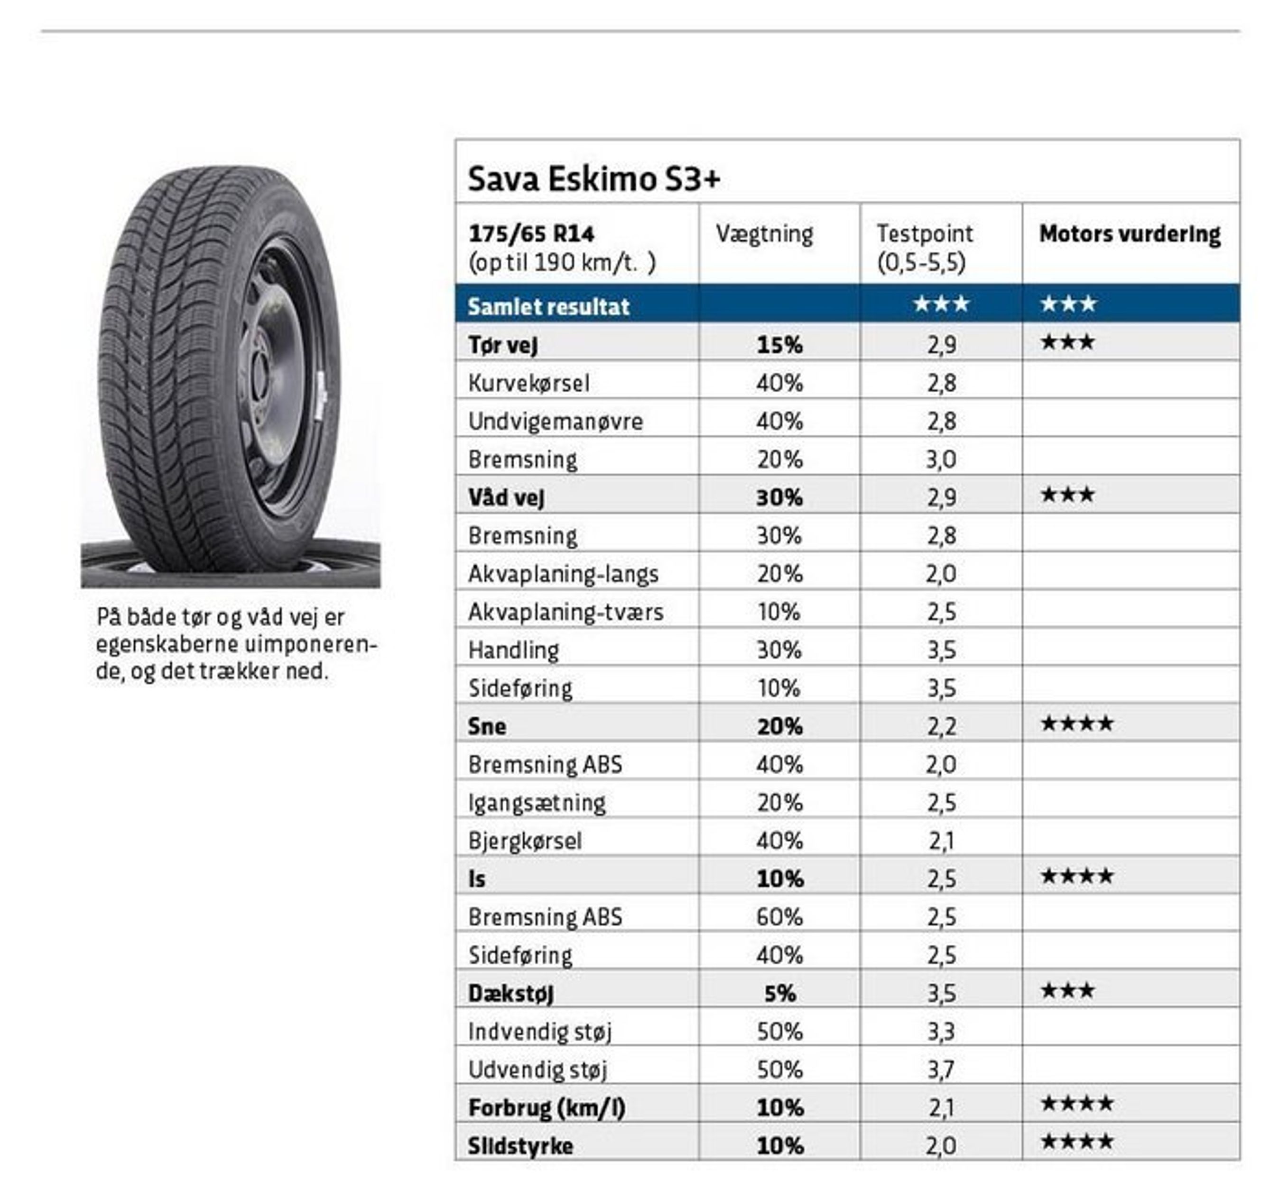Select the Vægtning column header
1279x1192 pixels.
(x=764, y=234)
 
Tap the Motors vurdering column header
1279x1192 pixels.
(x=1130, y=234)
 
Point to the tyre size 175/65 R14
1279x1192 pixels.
(x=531, y=234)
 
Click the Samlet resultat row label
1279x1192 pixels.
(x=548, y=306)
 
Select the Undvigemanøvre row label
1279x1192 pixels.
(x=555, y=422)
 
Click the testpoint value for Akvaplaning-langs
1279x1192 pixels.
(x=941, y=573)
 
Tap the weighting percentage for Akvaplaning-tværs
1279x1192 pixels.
(x=779, y=611)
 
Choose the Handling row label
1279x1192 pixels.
(x=513, y=650)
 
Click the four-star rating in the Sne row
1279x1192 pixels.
(x=1077, y=724)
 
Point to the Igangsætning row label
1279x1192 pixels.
(x=537, y=803)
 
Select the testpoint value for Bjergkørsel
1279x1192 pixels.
(x=941, y=841)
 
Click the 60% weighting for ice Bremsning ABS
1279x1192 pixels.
(x=779, y=917)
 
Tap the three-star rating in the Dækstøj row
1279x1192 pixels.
(x=1068, y=991)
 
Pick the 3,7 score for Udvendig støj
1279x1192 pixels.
(x=941, y=1070)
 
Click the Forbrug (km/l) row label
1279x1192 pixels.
(x=546, y=1108)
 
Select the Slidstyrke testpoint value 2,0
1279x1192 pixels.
(x=941, y=1145)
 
